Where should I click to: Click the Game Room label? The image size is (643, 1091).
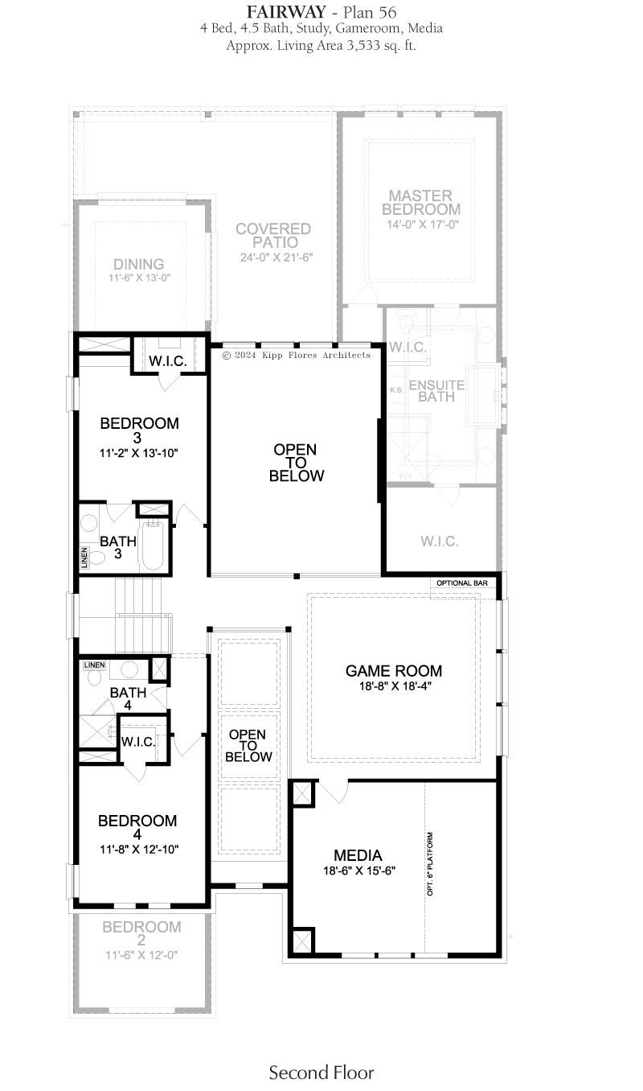point(394,671)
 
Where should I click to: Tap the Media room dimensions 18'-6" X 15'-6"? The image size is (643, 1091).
point(359,871)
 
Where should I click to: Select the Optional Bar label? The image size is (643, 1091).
point(461,583)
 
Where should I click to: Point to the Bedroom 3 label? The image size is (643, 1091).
point(139,430)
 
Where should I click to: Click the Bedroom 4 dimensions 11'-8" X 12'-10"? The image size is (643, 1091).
point(139,850)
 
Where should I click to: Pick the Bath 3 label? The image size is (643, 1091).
point(117,547)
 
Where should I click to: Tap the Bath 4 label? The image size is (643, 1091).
point(128,698)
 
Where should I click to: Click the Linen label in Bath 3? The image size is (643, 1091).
point(84,558)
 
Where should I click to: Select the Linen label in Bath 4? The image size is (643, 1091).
point(94,665)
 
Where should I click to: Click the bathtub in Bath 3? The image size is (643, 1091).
point(153,545)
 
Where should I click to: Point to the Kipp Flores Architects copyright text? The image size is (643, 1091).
point(297,355)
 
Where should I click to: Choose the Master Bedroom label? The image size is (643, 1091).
point(420,203)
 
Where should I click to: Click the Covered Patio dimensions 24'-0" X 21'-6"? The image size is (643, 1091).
point(276,257)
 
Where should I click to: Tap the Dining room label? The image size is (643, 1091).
point(138,264)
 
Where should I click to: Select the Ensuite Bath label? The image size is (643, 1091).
point(436,390)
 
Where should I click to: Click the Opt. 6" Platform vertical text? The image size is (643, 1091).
point(430,863)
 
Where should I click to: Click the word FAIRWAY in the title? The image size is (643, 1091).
point(286,12)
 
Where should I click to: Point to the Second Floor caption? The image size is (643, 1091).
point(321,1072)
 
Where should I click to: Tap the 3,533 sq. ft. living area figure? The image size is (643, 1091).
point(381,46)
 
